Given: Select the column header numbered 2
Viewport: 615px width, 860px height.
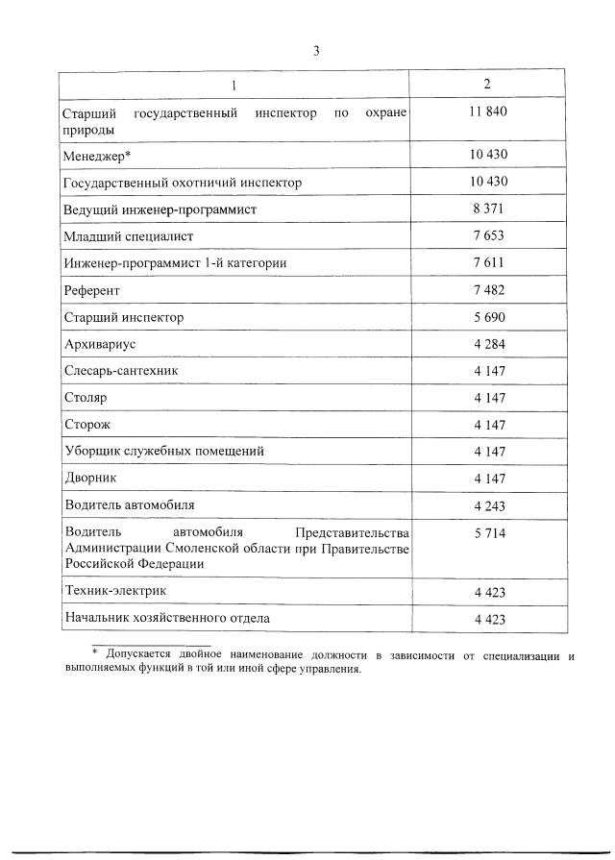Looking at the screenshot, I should [x=488, y=85].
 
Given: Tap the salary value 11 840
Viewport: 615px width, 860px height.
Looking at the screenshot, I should [x=488, y=113].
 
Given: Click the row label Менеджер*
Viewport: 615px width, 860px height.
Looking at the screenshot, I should [x=98, y=155].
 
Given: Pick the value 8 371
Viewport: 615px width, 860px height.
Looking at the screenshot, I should [x=488, y=209].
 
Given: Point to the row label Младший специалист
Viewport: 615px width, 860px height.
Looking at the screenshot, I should [x=128, y=235].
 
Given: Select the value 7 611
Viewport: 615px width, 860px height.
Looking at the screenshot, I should [x=488, y=262].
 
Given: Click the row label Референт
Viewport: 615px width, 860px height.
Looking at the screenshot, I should [x=91, y=289].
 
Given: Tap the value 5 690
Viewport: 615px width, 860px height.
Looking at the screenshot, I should [x=488, y=317].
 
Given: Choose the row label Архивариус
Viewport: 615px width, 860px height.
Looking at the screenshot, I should [x=100, y=343].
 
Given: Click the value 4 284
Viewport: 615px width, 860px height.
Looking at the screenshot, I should [x=488, y=344].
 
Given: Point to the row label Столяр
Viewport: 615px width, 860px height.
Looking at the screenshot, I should [x=86, y=397].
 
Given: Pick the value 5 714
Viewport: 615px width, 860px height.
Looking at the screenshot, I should [x=488, y=533].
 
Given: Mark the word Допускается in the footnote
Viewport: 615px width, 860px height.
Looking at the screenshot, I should [x=140, y=655].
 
